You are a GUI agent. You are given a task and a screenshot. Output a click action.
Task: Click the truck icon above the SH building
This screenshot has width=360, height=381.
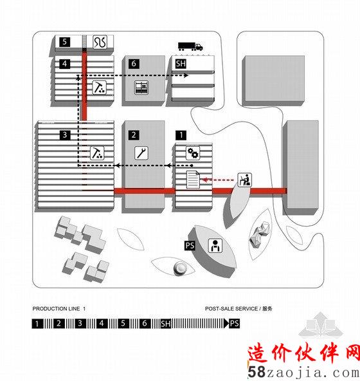point(190,46)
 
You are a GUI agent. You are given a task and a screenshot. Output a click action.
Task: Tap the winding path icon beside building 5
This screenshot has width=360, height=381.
point(100,42)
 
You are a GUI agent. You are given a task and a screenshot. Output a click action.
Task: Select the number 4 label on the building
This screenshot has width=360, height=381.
point(64,64)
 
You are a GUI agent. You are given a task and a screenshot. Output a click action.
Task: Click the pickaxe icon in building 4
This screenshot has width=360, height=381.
point(99,88)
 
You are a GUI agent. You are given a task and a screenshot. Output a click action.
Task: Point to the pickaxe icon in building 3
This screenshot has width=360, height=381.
point(97,153)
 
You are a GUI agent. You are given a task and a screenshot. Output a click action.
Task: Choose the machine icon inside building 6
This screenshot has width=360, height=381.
point(141,88)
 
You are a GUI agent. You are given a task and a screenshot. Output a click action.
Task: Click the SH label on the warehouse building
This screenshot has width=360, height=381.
point(181,64)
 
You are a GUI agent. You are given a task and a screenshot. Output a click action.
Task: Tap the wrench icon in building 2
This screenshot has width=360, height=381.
point(141,153)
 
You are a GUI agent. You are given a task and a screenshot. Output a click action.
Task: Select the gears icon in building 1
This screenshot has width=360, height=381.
point(193,153)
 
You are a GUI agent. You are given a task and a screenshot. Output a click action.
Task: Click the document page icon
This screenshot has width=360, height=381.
point(193,180)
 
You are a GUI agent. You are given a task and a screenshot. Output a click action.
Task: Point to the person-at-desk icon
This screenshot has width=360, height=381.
point(244,180)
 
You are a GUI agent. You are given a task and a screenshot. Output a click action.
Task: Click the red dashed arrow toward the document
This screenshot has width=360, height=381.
point(218,180)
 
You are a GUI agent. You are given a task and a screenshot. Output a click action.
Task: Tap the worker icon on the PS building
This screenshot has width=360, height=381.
point(215,246)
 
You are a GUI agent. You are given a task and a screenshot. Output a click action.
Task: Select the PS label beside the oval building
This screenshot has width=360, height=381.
point(190,245)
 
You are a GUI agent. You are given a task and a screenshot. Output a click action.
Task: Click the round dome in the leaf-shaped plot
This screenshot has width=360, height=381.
point(181,268)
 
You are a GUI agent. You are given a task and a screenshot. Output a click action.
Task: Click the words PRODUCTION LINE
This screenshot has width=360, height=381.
point(56,308)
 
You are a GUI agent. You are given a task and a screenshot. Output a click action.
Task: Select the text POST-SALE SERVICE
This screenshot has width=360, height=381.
point(231,308)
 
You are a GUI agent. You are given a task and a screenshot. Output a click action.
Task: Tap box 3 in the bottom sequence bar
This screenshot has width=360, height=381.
point(80,324)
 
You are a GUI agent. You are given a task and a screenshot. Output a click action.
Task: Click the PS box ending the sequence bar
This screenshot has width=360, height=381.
point(234,324)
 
